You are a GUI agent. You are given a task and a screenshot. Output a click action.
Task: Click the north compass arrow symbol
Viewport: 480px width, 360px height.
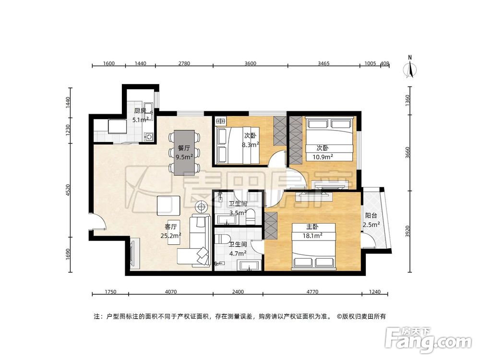pos(409,68)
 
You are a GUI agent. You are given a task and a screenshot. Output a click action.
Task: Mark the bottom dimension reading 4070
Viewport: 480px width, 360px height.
pos(170,291)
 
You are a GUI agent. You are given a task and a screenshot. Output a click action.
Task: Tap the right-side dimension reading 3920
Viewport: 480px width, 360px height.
pos(408,231)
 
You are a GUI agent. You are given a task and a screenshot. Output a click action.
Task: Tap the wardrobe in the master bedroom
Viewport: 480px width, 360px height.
pos(271,225)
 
